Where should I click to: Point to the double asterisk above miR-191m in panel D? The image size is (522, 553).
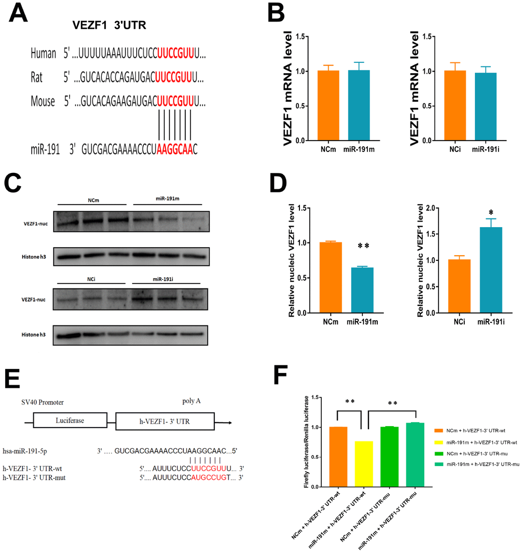[x=364, y=247]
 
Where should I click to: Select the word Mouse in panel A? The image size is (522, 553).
[x=42, y=101]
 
